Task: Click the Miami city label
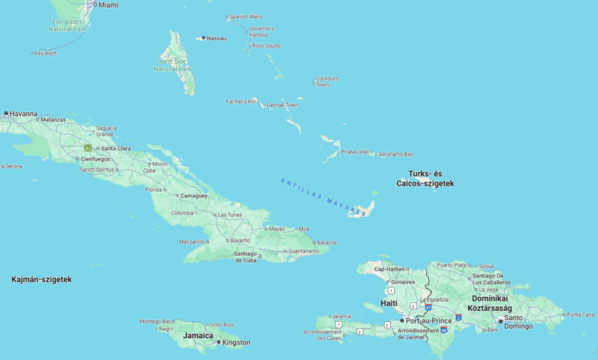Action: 107,5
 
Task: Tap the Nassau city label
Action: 216,38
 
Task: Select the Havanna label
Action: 23,114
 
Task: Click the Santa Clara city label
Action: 115,148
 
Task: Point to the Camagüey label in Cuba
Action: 194,196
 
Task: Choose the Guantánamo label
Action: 304,251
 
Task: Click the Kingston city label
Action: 236,342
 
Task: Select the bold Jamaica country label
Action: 198,336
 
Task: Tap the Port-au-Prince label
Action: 429,320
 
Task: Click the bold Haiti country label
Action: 389,303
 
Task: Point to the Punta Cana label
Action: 580,314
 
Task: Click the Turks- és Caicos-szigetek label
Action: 424,178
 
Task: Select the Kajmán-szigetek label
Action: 41,279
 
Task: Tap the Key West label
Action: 45,54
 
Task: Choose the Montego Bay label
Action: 156,321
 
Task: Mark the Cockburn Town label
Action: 327,81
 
